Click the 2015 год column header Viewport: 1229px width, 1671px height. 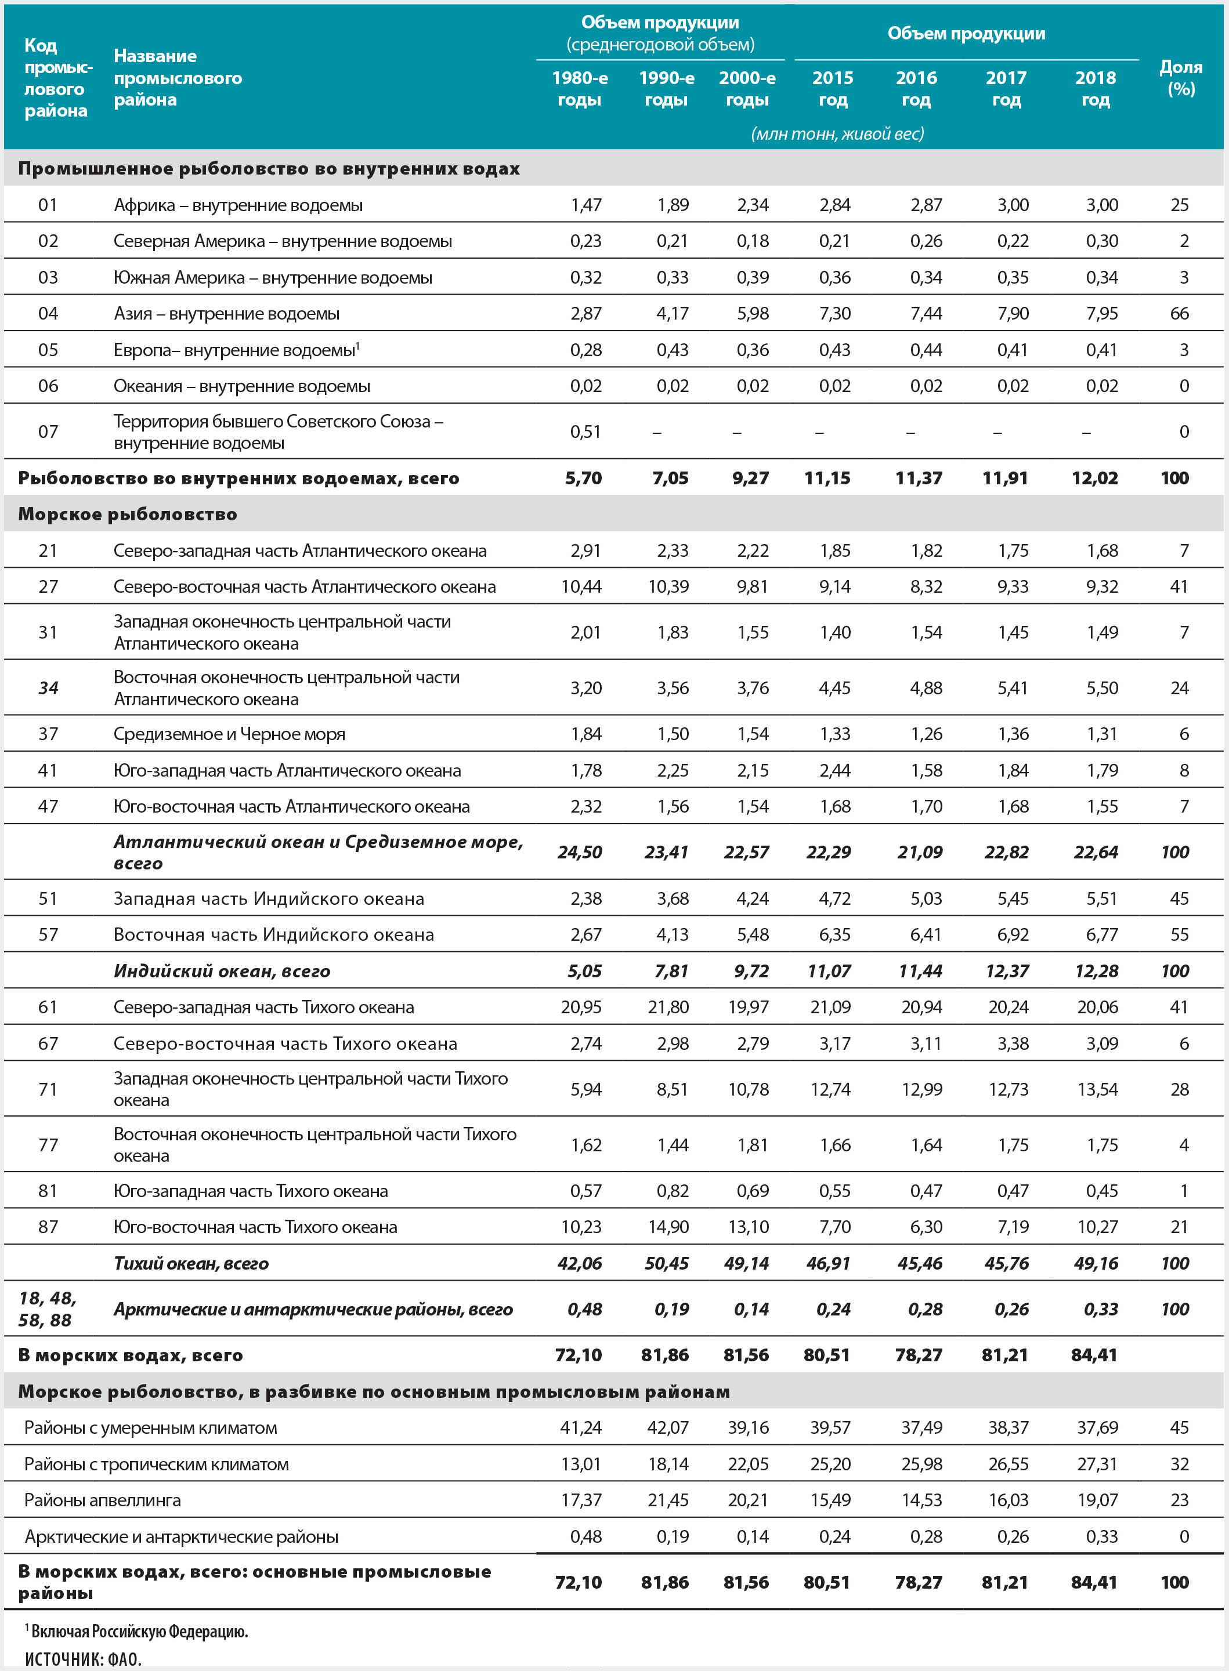(x=833, y=89)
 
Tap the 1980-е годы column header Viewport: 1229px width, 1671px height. (x=580, y=89)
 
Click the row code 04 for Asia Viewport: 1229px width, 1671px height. (x=48, y=313)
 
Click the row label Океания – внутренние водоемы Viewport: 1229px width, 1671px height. (x=242, y=386)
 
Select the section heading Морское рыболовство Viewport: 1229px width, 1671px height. (x=127, y=514)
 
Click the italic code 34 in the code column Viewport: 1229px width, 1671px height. (x=48, y=688)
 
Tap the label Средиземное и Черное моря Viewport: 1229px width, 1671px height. (x=229, y=734)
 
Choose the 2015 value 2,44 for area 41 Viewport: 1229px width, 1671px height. (x=834, y=770)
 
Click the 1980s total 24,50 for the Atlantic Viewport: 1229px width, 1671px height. (x=580, y=852)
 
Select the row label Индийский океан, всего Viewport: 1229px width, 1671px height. (x=222, y=970)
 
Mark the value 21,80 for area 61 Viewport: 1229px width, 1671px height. (x=668, y=1007)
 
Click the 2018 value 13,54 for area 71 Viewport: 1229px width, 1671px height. (x=1097, y=1089)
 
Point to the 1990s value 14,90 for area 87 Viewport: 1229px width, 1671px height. (x=668, y=1227)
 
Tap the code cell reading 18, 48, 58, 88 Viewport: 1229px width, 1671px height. (x=46, y=1309)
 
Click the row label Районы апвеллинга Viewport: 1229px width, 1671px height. (x=103, y=1500)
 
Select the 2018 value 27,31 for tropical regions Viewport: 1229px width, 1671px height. (x=1097, y=1463)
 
